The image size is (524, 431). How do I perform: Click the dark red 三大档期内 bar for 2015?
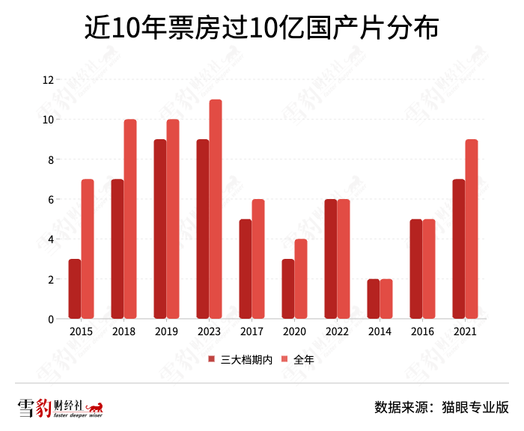click(x=74, y=290)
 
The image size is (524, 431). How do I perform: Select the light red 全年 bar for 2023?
click(x=216, y=210)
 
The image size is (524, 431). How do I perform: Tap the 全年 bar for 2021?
click(x=472, y=230)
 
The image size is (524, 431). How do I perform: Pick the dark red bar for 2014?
click(x=373, y=299)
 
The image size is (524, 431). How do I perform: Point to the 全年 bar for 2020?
click(x=301, y=279)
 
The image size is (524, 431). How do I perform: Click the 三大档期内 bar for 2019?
click(x=159, y=230)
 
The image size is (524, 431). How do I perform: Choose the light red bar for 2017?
click(x=258, y=260)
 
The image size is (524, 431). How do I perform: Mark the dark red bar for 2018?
click(x=117, y=249)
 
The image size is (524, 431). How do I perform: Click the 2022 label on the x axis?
click(x=337, y=331)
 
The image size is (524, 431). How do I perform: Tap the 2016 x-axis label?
click(x=422, y=331)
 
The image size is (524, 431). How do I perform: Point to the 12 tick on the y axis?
click(x=48, y=80)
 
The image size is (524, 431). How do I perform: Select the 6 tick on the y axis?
click(x=50, y=200)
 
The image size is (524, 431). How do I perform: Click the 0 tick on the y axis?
click(x=50, y=320)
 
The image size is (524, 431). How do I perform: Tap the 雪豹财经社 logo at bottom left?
click(x=60, y=408)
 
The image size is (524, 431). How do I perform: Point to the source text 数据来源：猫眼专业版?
click(x=441, y=408)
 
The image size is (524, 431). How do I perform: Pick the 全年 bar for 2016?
click(x=429, y=269)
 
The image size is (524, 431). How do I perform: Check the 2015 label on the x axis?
click(x=81, y=331)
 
